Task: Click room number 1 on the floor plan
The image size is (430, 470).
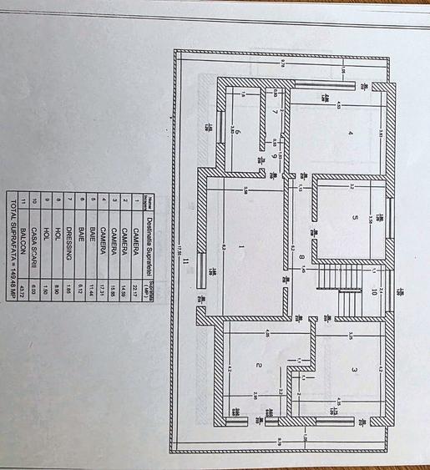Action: tap(240, 246)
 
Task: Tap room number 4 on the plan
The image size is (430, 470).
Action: tap(350, 134)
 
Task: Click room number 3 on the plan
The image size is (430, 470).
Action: tap(354, 370)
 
